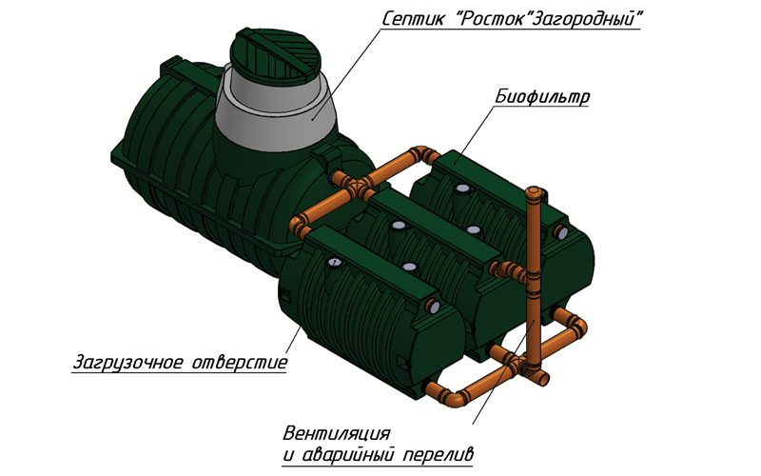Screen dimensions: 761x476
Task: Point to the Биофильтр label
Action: pos(542,97)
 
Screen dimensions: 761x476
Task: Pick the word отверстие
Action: pos(241,363)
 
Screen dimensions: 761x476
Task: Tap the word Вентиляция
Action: pos(337,433)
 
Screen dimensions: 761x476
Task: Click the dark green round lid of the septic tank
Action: pos(280,55)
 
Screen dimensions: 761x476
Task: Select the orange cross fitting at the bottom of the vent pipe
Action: pos(528,367)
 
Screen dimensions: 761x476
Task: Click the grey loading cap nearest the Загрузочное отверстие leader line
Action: pos(334,263)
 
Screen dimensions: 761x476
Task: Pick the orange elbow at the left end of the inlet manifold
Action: pos(297,225)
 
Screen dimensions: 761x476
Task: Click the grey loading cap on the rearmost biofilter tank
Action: pos(462,188)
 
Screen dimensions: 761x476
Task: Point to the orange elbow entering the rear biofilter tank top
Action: pos(425,153)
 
